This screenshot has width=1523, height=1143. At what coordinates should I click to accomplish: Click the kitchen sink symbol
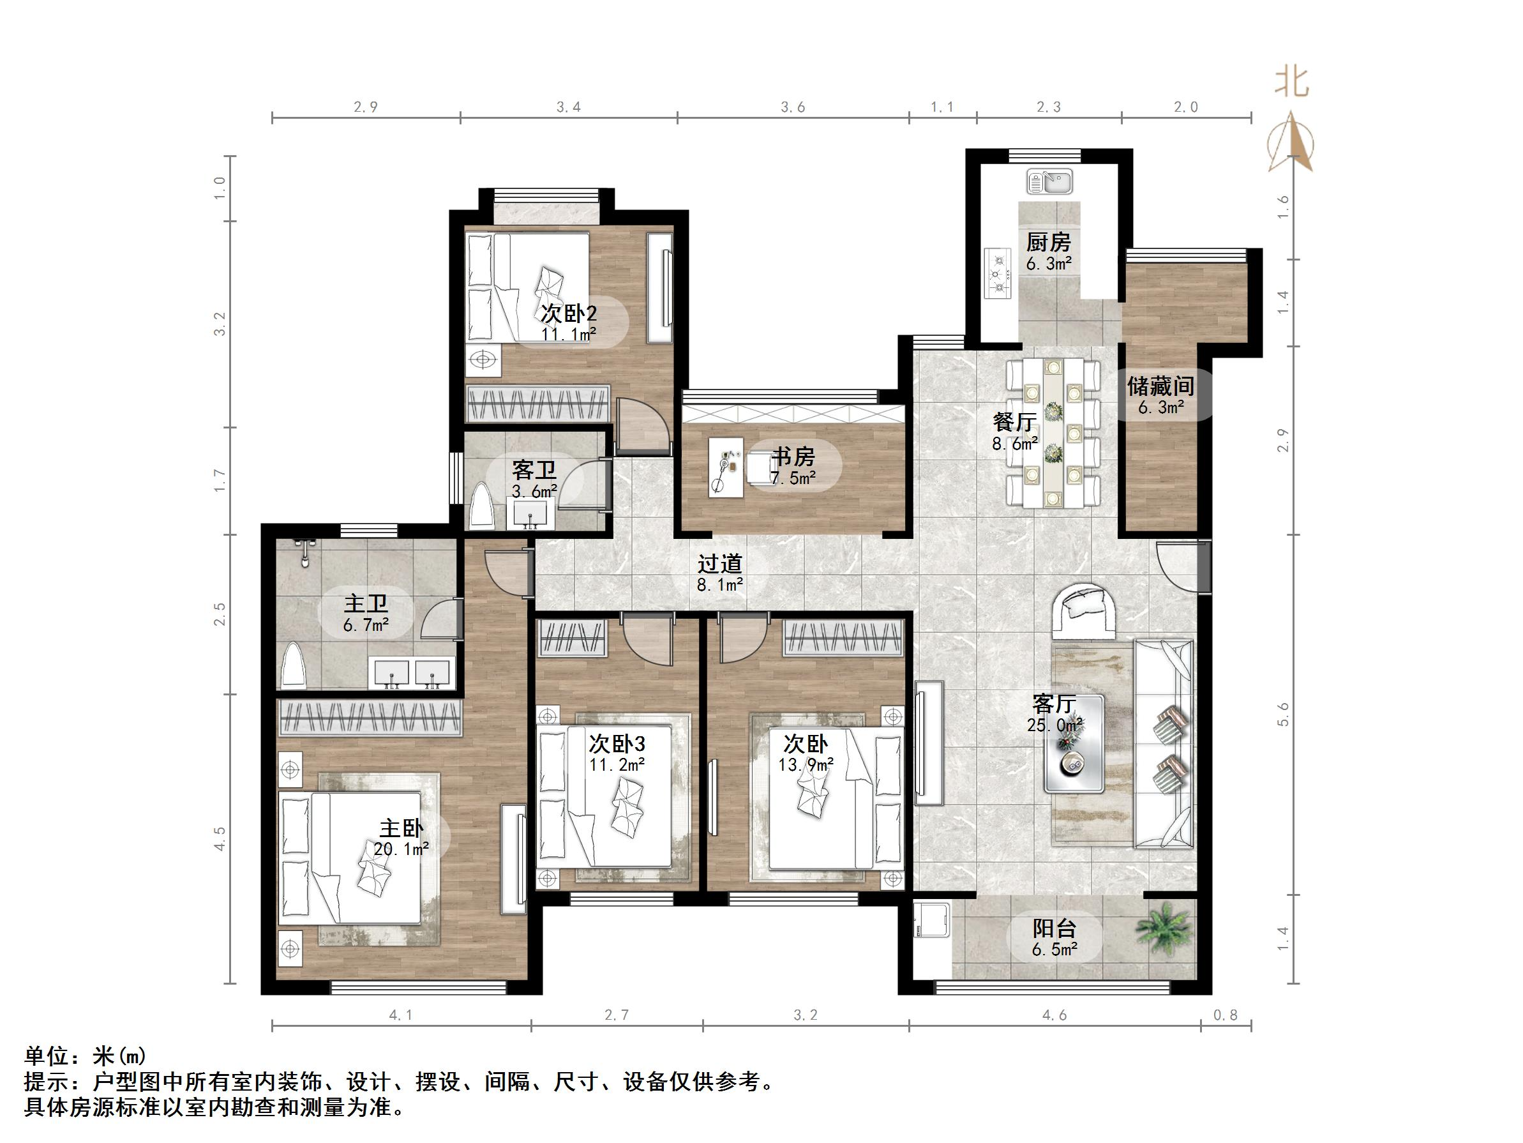[1049, 182]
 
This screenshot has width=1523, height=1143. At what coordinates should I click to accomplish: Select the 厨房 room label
[1048, 243]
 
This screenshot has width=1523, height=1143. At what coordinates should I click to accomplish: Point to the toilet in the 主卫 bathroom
[294, 665]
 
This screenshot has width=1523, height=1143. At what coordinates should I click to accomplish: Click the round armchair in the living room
[1084, 609]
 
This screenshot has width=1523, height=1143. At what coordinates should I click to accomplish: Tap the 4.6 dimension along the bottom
[1054, 1015]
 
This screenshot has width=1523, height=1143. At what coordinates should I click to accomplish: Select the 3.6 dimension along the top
[793, 107]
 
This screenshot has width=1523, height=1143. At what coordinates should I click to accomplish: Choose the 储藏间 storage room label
[1160, 386]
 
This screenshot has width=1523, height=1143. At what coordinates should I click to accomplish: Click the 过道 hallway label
[719, 564]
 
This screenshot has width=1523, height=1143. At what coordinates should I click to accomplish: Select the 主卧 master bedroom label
[401, 828]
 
